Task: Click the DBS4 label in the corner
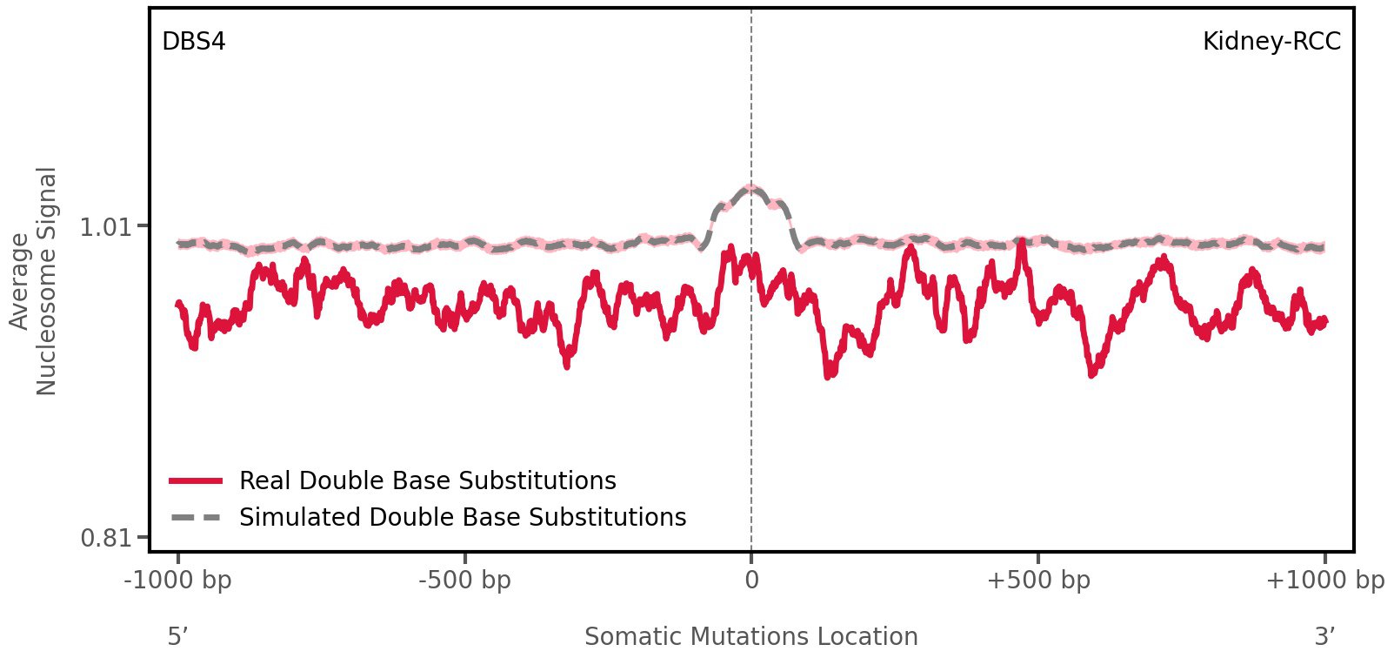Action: pos(194,42)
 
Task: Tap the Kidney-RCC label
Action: pos(1271,42)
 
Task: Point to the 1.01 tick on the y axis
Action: pos(104,228)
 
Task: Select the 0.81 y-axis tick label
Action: pos(104,538)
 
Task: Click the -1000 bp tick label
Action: pos(178,581)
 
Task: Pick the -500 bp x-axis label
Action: pos(464,581)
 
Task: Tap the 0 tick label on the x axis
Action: pos(751,581)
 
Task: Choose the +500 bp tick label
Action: pos(1038,581)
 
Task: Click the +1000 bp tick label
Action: pos(1324,581)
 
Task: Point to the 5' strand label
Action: pos(178,637)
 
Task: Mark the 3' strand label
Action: pos(1324,637)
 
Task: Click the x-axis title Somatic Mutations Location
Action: pos(751,637)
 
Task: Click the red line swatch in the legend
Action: pos(197,480)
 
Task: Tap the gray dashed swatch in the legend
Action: pos(197,517)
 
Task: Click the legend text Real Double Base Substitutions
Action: pos(427,480)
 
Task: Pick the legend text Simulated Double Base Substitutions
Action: pos(463,517)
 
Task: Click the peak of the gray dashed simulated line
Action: pos(751,188)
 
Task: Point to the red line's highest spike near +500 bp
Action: pos(1021,242)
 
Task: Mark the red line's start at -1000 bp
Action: pos(178,304)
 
